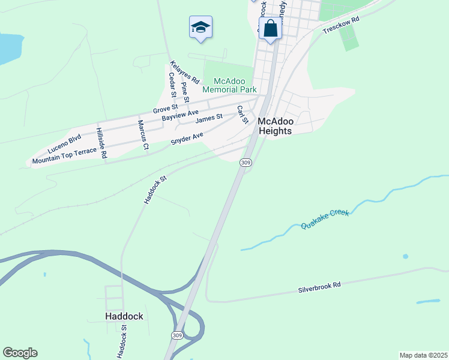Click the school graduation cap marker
pyautogui.click(x=200, y=28)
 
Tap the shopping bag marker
pyautogui.click(x=270, y=28)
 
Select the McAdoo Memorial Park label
pyautogui.click(x=229, y=85)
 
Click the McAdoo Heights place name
pyautogui.click(x=274, y=126)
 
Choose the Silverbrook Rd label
pyautogui.click(x=319, y=286)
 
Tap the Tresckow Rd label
pyautogui.click(x=340, y=25)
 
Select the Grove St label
pyautogui.click(x=163, y=109)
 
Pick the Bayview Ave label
pyautogui.click(x=180, y=116)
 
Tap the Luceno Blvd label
pyautogui.click(x=64, y=143)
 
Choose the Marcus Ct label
pyautogui.click(x=143, y=134)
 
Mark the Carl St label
pyautogui.click(x=242, y=115)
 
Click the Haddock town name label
pyautogui.click(x=124, y=316)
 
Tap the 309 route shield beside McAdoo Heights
pyautogui.click(x=245, y=163)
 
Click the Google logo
pyautogui.click(x=20, y=352)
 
